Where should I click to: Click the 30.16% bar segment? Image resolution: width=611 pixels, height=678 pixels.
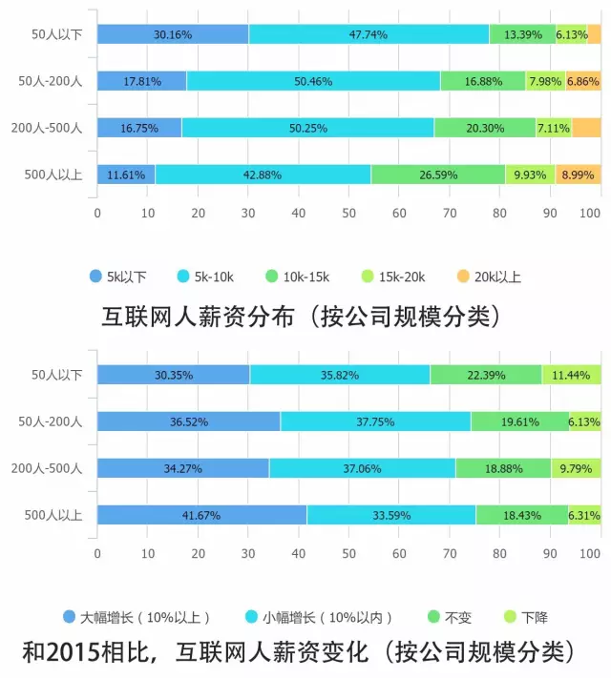click(x=173, y=34)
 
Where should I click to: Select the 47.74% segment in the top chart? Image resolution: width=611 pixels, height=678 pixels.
click(x=369, y=34)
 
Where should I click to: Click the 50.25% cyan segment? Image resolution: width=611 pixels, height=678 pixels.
click(x=307, y=127)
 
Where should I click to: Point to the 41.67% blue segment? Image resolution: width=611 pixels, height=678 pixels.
click(x=201, y=515)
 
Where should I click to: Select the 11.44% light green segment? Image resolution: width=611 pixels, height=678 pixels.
click(x=571, y=375)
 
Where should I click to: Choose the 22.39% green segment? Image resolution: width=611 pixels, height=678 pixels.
click(x=486, y=375)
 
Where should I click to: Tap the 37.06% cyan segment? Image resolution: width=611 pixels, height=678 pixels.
click(x=362, y=468)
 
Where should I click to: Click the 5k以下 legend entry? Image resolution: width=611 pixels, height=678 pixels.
click(x=118, y=277)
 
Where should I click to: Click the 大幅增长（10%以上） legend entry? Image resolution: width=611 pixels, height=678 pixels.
click(x=137, y=615)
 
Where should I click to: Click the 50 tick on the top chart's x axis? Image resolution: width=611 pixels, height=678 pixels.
click(x=348, y=212)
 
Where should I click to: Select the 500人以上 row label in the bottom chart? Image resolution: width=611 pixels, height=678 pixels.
click(x=55, y=515)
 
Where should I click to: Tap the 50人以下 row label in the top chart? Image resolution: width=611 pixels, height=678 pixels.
click(x=55, y=34)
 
